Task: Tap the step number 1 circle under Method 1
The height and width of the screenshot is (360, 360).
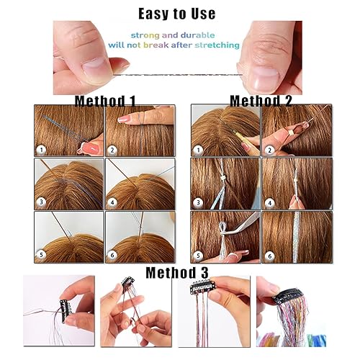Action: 42,150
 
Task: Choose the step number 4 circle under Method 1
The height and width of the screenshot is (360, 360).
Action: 113,202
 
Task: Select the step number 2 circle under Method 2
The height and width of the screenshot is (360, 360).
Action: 269,150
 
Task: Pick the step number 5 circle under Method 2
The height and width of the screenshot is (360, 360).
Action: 198,256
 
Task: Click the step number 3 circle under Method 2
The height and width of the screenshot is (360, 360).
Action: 198,202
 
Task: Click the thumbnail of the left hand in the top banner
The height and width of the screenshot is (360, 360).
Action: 91,69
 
